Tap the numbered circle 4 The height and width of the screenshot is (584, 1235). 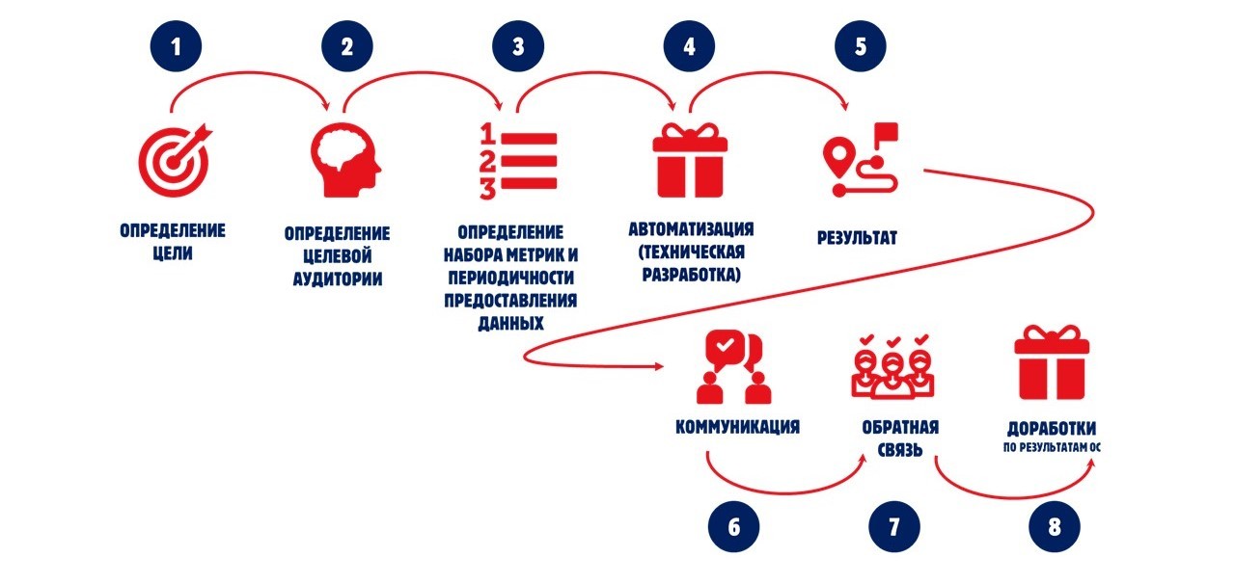coord(689,47)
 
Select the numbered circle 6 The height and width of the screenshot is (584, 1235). coord(733,526)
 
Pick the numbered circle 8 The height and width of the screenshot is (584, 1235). coord(1055,526)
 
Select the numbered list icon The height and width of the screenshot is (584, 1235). coord(518,159)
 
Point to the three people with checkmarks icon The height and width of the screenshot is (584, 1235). coord(893,366)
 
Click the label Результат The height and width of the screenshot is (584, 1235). coord(855,236)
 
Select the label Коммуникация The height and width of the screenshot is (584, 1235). coord(738,426)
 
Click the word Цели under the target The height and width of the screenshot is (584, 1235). coord(173,254)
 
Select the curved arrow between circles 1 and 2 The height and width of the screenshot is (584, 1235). coord(253,80)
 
